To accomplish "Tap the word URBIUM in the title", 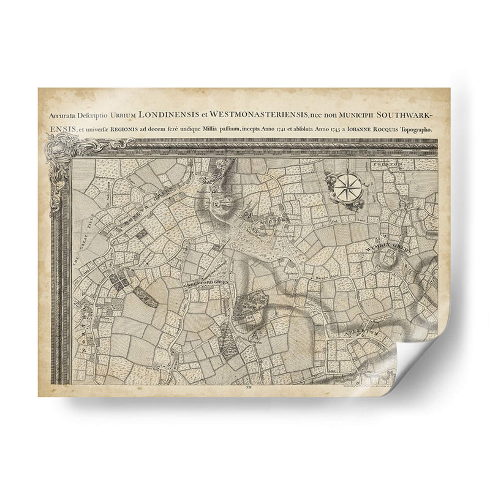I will [122, 114].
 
